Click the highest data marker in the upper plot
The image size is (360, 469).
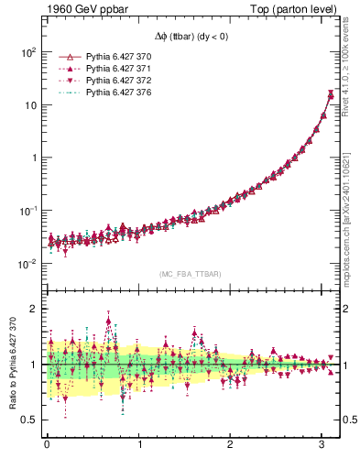(331, 94)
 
